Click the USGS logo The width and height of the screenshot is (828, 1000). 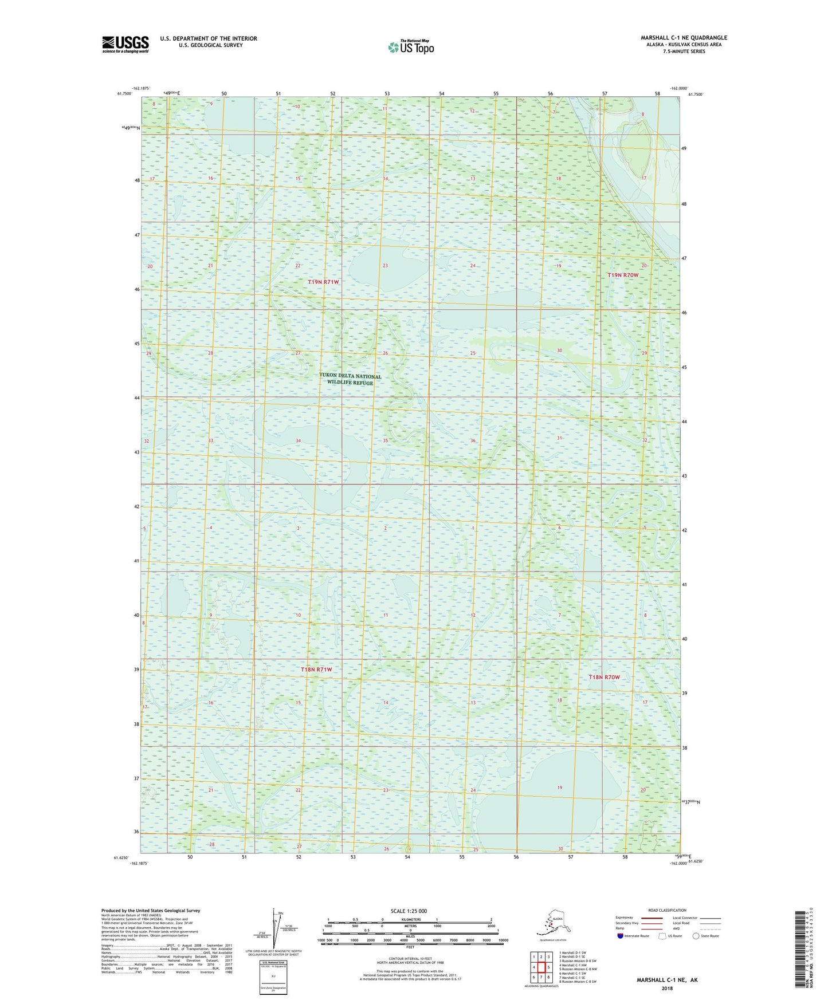125,45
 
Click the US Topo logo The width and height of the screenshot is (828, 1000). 410,47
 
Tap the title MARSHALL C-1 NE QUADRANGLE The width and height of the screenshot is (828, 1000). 684,38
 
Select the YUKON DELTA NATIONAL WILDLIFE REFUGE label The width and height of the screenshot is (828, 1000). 350,380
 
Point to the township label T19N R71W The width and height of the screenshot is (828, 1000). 324,282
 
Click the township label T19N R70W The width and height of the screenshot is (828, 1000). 622,275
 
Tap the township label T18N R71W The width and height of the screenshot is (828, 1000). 316,670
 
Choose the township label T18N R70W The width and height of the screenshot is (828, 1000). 605,678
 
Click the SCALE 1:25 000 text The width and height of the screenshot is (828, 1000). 409,911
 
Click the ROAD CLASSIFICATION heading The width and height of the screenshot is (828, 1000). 667,910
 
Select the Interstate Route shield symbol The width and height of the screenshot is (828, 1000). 621,936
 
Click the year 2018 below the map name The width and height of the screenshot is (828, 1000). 666,989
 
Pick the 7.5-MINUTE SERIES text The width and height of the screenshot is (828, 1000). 684,52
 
